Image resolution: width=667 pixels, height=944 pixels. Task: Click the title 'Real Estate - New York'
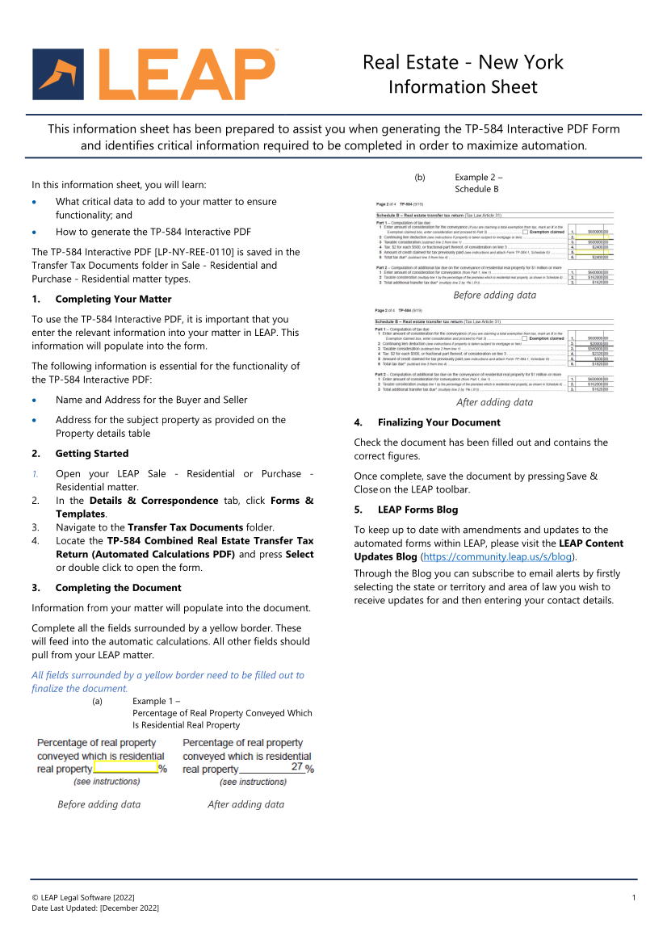[x=463, y=62]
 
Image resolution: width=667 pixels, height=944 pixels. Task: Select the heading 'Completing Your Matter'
[x=113, y=300]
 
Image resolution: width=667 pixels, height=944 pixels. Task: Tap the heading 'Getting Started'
[x=91, y=454]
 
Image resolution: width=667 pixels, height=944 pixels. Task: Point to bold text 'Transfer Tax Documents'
[x=185, y=527]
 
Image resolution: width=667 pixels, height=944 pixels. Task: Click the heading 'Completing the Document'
[x=118, y=588]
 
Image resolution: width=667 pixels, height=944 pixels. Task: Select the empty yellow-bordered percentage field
[x=126, y=769]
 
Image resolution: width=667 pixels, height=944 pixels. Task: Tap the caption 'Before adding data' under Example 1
[x=99, y=804]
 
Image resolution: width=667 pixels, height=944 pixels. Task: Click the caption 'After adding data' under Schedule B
[x=494, y=402]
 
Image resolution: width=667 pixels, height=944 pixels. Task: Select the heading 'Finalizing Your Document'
[x=438, y=422]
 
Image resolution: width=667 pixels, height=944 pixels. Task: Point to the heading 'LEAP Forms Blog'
[x=417, y=510]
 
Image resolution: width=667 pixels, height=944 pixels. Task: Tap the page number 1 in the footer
[x=634, y=897]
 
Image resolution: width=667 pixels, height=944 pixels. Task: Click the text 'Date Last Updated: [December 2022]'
[x=95, y=908]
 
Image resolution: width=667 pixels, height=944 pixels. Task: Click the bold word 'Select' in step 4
[x=300, y=555]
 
